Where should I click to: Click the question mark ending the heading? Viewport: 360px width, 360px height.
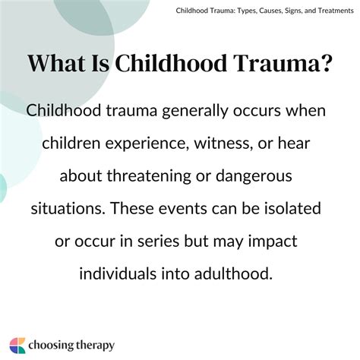click(x=326, y=64)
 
